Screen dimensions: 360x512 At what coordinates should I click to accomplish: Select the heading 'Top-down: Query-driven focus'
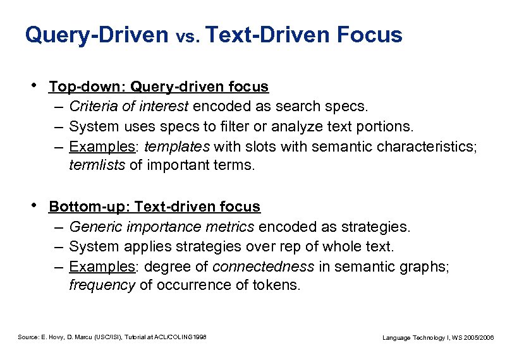point(159,87)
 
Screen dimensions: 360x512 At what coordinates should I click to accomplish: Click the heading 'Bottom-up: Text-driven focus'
point(154,207)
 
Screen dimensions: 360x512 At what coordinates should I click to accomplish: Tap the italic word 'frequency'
point(102,285)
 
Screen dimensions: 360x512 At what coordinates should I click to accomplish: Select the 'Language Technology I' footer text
point(438,339)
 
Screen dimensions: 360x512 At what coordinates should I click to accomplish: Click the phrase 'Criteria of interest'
point(129,107)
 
